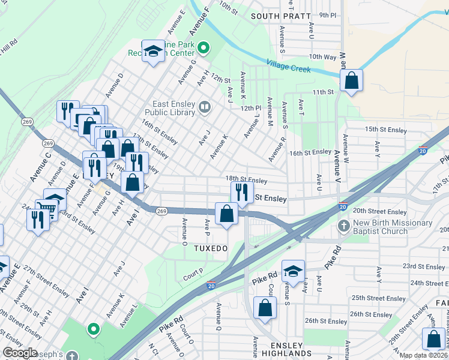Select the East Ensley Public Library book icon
(x=205, y=107)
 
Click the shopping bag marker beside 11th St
(x=351, y=80)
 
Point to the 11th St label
(x=322, y=92)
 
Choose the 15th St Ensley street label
(x=386, y=129)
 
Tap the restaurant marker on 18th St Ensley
(x=242, y=192)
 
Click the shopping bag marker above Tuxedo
(x=226, y=214)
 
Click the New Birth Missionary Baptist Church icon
(x=343, y=227)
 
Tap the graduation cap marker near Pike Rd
(x=293, y=271)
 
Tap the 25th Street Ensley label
(x=379, y=298)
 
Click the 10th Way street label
(x=322, y=56)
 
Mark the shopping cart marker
(x=46, y=211)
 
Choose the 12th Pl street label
(x=252, y=108)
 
